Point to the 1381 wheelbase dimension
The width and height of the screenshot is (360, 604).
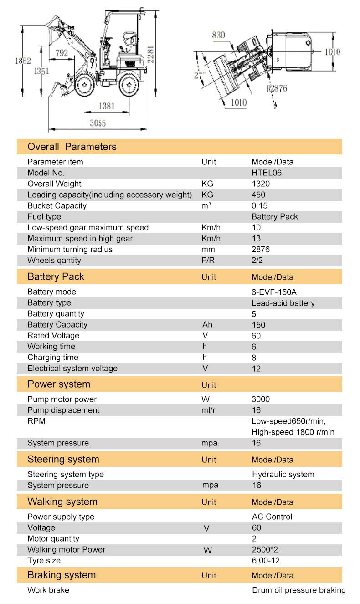pyautogui.click(x=107, y=106)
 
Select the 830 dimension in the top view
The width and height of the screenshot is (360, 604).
pyautogui.click(x=219, y=35)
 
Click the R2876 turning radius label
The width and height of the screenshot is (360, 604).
pyautogui.click(x=277, y=88)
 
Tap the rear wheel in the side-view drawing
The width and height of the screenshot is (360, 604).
pyautogui.click(x=129, y=85)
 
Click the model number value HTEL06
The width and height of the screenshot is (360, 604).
pyautogui.click(x=267, y=173)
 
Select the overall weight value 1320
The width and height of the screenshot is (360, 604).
pyautogui.click(x=261, y=184)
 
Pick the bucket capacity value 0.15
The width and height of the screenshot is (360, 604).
pyautogui.click(x=259, y=206)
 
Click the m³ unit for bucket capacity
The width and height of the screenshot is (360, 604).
pyautogui.click(x=206, y=206)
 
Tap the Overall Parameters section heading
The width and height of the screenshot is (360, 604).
pyautogui.click(x=72, y=147)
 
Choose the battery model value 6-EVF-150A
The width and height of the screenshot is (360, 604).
pyautogui.click(x=277, y=292)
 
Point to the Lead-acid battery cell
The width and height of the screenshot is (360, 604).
pyautogui.click(x=283, y=303)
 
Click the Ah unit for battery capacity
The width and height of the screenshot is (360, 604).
pyautogui.click(x=207, y=325)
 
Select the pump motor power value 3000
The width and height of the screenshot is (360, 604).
pyautogui.click(x=261, y=399)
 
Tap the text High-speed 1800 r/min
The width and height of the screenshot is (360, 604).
pyautogui.click(x=293, y=432)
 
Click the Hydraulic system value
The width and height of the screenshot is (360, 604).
pyautogui.click(x=283, y=475)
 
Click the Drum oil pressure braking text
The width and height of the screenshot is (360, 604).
pyautogui.click(x=299, y=590)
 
